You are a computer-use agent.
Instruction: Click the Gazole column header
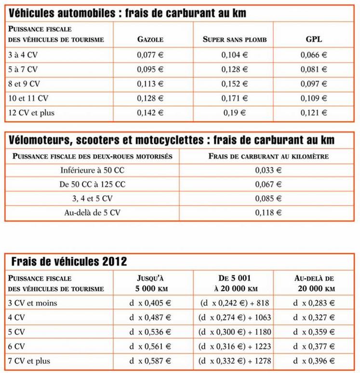click(150, 40)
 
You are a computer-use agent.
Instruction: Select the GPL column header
click(314, 40)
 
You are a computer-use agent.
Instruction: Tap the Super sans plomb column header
click(234, 40)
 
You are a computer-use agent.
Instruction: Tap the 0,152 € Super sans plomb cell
click(234, 84)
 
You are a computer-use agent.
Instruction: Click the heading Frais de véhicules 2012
click(68, 262)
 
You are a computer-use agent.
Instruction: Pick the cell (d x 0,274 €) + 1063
click(235, 318)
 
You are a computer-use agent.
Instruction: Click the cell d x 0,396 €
click(314, 360)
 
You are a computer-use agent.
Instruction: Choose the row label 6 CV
click(17, 346)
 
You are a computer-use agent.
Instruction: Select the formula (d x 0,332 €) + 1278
click(235, 360)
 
